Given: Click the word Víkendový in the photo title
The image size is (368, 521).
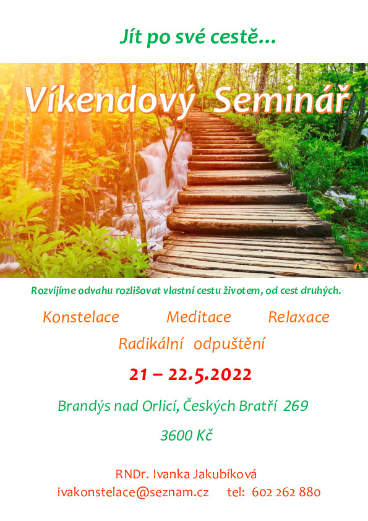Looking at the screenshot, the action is [x=110, y=100].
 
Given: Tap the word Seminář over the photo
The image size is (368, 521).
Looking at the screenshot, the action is [x=281, y=98].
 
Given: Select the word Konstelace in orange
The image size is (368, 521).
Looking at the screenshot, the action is [x=81, y=317].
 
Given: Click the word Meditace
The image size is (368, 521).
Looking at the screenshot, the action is [x=199, y=317].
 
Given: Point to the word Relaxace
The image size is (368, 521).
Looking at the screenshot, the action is [x=299, y=317].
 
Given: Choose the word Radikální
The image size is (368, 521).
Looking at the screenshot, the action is [x=151, y=343].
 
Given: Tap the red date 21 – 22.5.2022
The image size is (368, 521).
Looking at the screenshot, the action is [x=190, y=374].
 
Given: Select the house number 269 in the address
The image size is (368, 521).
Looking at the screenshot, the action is [x=296, y=406].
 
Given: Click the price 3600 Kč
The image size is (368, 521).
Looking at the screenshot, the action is [x=186, y=435].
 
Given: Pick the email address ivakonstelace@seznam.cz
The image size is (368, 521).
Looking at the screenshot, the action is [x=133, y=492].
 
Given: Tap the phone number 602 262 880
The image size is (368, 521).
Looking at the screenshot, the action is [x=286, y=492].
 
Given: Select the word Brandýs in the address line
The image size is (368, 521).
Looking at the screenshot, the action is [x=84, y=407].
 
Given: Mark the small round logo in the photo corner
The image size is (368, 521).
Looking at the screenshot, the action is [x=357, y=267].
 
